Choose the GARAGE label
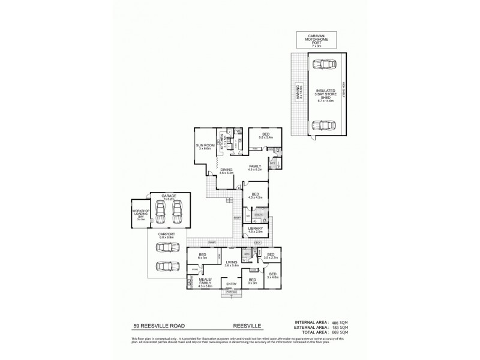(168, 196)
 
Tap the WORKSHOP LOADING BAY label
(142, 214)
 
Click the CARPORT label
(166, 236)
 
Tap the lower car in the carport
(165, 266)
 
